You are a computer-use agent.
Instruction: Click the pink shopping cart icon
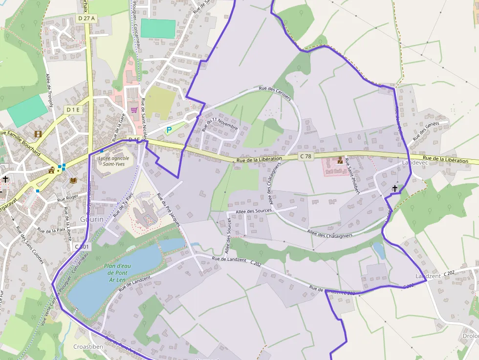click(133, 110)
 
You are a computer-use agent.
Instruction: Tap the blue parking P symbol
click(169, 130)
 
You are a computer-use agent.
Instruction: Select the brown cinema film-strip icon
click(38, 133)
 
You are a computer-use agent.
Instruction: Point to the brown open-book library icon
click(73, 180)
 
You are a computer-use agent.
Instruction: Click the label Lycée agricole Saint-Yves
click(113, 161)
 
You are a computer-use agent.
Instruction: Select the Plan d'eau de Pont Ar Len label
click(115, 273)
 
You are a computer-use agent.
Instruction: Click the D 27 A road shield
click(87, 18)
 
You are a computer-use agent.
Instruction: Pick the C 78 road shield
click(305, 156)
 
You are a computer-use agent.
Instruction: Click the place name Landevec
click(414, 163)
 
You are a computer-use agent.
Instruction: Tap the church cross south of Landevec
click(394, 188)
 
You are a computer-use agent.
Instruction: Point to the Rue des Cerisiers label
click(275, 91)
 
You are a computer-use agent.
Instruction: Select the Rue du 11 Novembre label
click(219, 124)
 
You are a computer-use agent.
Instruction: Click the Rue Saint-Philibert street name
click(352, 176)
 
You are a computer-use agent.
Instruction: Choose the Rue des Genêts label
click(426, 131)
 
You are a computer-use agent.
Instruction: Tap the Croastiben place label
click(87, 346)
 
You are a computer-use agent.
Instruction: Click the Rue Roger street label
click(67, 198)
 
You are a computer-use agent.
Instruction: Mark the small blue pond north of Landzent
click(378, 250)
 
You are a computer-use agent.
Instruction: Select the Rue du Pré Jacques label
click(168, 210)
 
